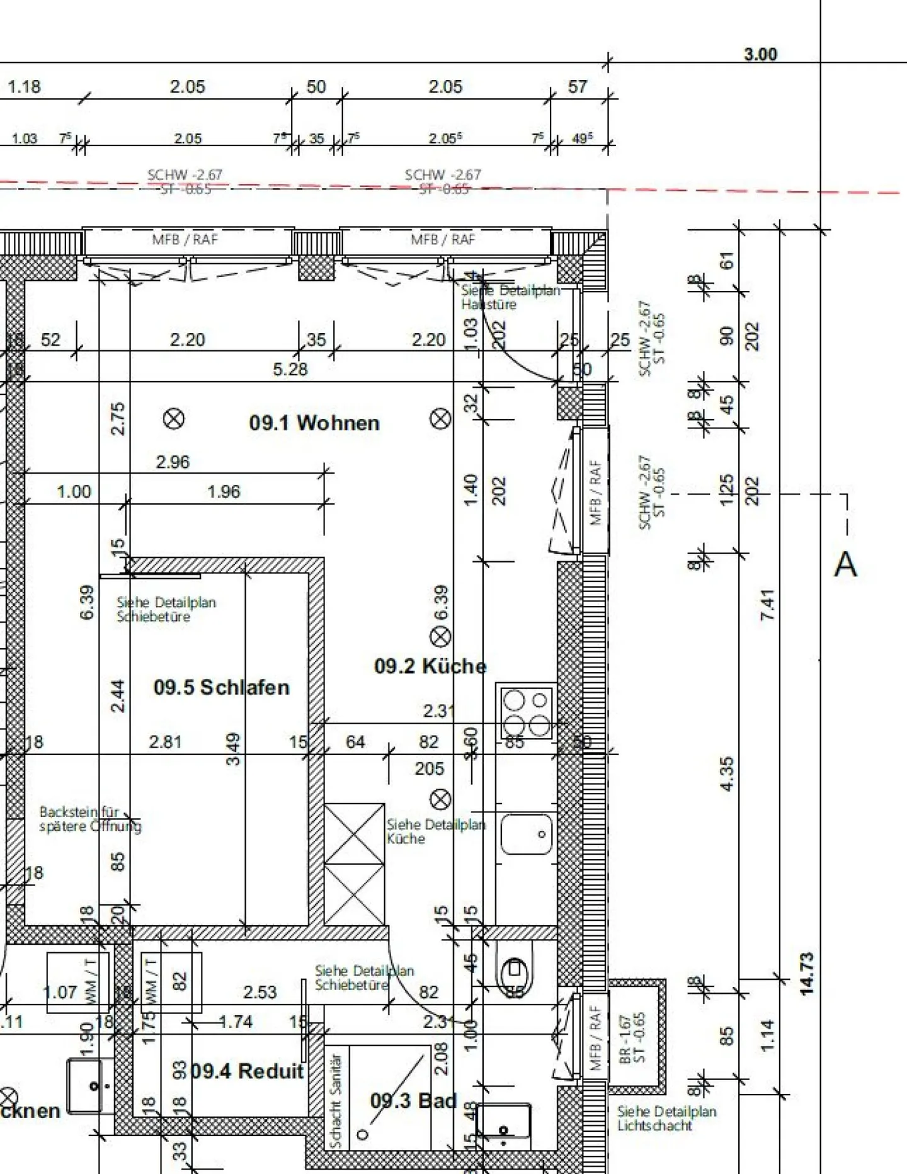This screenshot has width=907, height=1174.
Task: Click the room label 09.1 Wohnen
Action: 314,423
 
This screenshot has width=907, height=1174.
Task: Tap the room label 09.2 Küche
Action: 430,666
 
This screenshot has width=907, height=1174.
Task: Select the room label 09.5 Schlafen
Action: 222,687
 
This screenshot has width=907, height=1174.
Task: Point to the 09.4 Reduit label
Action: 248,1071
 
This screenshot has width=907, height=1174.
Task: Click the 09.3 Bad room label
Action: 413,1100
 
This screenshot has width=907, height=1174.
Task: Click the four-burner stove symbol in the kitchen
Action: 527,712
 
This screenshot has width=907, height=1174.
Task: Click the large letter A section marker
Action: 845,564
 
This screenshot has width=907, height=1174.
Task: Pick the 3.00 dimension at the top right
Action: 761,54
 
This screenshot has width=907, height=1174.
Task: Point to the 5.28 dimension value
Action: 290,369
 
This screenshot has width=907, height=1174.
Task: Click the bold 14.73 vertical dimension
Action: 807,974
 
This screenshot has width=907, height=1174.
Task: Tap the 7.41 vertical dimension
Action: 768,605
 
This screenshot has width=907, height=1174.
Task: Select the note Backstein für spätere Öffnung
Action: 90,819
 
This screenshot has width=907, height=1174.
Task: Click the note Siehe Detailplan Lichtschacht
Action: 666,1119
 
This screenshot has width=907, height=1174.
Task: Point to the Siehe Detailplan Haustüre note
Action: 510,297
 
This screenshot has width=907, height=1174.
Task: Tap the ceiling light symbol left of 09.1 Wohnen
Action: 174,419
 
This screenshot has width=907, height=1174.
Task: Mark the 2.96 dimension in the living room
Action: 173,462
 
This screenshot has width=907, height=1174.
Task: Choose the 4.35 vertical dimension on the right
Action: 727,774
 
